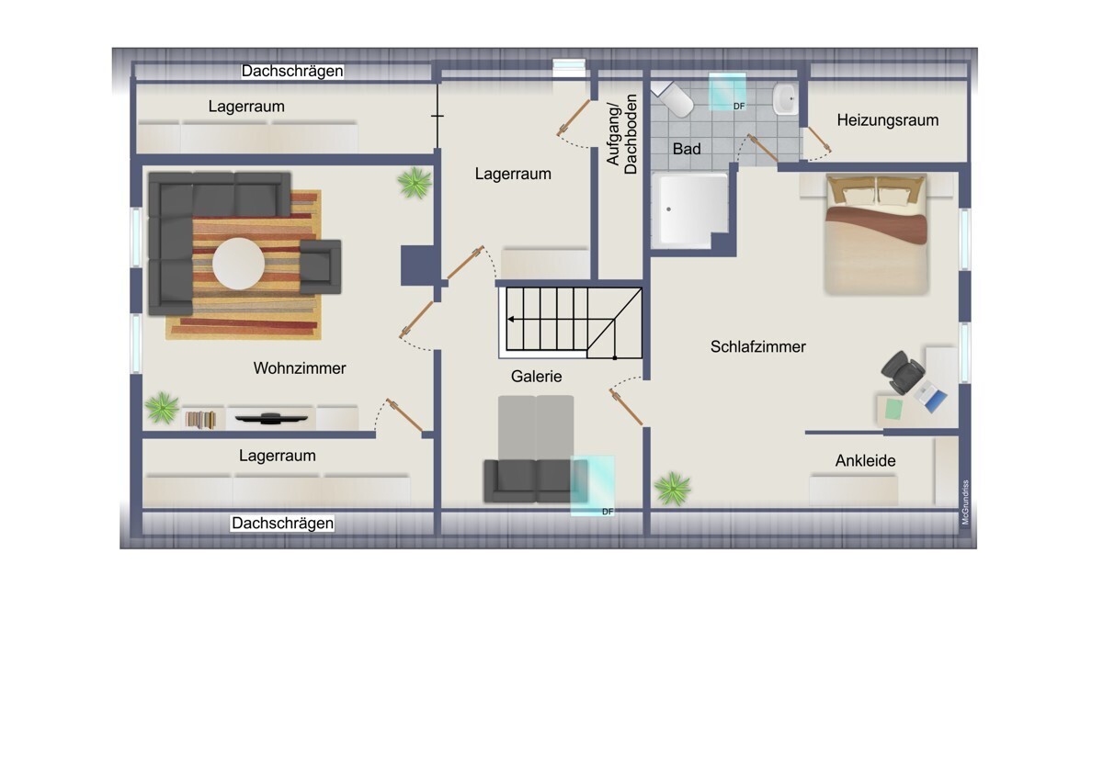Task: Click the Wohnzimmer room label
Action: pyautogui.click(x=300, y=368)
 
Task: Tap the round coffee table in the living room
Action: pyautogui.click(x=238, y=264)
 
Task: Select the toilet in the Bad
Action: pyautogui.click(x=674, y=98)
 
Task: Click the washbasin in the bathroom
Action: pyautogui.click(x=785, y=99)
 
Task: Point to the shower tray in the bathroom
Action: pyautogui.click(x=690, y=209)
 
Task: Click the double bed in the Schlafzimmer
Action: pyautogui.click(x=877, y=234)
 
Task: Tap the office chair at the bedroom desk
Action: pyautogui.click(x=902, y=372)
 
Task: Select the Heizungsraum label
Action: pyautogui.click(x=887, y=120)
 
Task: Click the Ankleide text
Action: pyautogui.click(x=865, y=461)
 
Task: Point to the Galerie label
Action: pyautogui.click(x=536, y=377)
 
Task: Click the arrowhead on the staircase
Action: pyautogui.click(x=511, y=320)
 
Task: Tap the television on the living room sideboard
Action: pyautogui.click(x=271, y=418)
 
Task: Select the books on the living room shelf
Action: pyautogui.click(x=200, y=420)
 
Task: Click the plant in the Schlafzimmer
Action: pyautogui.click(x=673, y=488)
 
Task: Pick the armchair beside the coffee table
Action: pyautogui.click(x=320, y=266)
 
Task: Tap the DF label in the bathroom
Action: pyautogui.click(x=739, y=107)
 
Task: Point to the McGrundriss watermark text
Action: pyautogui.click(x=965, y=502)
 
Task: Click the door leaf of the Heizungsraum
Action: pyautogui.click(x=818, y=139)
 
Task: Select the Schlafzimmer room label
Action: pyautogui.click(x=757, y=347)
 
